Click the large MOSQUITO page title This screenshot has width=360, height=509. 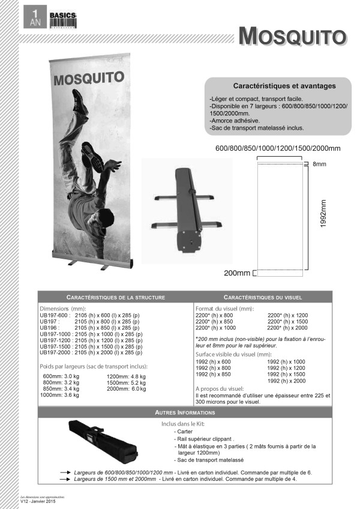coord(292,36)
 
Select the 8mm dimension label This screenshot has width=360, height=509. coord(318,163)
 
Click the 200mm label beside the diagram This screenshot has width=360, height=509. coord(237,274)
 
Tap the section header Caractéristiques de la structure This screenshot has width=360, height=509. coord(116,297)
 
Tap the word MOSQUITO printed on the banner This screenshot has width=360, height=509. coord(88,78)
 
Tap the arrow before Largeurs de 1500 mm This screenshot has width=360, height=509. coord(64,480)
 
